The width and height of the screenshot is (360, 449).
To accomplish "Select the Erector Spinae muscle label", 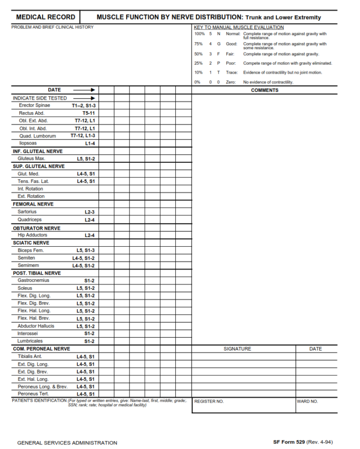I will click(34, 106).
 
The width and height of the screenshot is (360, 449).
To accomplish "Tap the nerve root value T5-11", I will click(89, 113).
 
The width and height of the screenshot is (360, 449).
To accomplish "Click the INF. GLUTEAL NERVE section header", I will click(37, 151).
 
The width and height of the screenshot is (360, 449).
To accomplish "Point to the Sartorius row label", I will click(27, 212).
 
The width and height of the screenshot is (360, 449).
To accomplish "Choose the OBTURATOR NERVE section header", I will click(37, 228).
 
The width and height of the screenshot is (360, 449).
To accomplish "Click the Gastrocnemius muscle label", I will click(33, 280).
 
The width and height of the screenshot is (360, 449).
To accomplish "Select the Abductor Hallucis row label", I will click(36, 326).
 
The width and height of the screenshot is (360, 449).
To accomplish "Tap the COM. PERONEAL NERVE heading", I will click(41, 349).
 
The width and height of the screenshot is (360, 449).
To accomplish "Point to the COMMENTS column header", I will click(264, 90).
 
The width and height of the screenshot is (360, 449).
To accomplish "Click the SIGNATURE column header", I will click(237, 349).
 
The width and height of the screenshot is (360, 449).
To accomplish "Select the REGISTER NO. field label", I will click(209, 402).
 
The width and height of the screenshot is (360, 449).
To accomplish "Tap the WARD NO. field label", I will click(307, 402).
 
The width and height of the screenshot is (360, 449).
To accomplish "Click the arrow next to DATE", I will click(84, 90).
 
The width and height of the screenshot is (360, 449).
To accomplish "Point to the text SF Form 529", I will click(289, 442).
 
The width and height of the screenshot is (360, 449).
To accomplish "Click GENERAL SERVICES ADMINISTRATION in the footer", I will click(67, 442).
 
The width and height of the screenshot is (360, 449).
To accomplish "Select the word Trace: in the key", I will click(232, 73).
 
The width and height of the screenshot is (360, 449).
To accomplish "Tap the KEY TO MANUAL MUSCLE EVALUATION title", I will click(239, 28).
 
